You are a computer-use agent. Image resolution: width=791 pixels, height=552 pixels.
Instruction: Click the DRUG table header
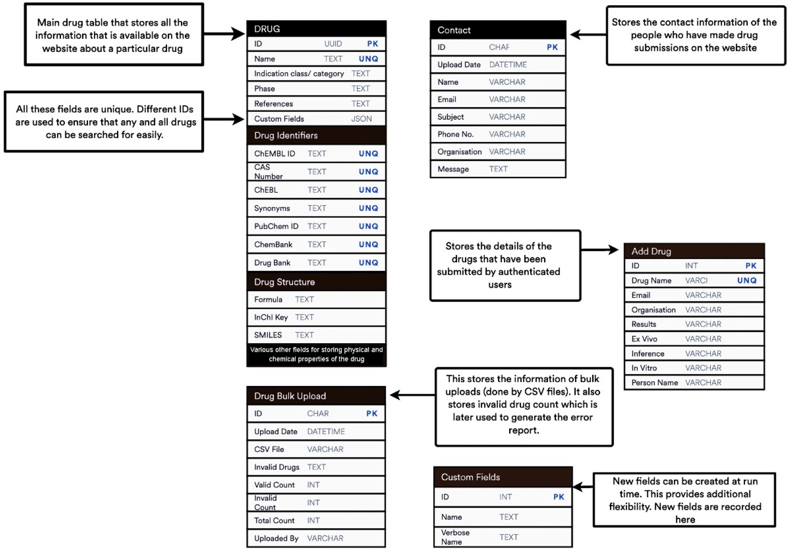click(x=267, y=29)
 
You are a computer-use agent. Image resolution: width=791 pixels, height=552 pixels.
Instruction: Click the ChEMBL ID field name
click(x=275, y=154)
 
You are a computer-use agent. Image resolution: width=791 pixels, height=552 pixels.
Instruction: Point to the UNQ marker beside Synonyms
click(x=368, y=208)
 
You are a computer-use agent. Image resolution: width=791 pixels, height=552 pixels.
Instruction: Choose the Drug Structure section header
click(x=284, y=282)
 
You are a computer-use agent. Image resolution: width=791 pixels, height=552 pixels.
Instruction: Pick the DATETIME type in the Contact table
click(x=508, y=65)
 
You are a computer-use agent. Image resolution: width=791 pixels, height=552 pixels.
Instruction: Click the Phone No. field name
click(x=456, y=134)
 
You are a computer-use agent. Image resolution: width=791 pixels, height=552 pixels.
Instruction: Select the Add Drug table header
click(x=651, y=251)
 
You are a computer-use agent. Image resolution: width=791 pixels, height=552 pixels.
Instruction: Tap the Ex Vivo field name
click(x=644, y=339)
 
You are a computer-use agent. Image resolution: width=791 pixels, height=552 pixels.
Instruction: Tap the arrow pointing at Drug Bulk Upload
click(x=412, y=395)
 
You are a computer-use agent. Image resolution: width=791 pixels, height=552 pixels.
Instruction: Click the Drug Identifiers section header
click(x=286, y=135)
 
